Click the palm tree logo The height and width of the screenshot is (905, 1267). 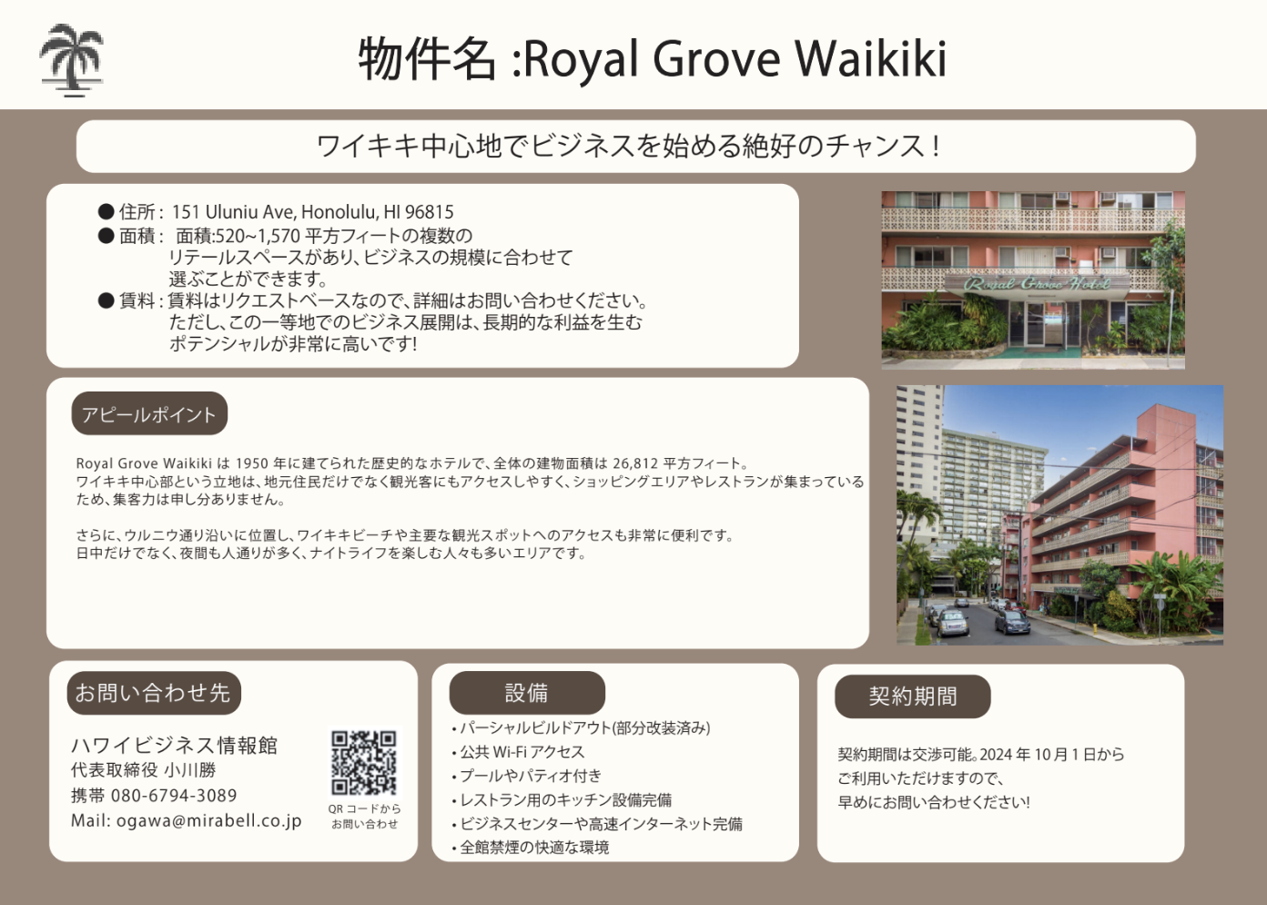coord(71,60)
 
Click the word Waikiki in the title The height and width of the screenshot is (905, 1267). coord(870,59)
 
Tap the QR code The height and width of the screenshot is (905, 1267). coord(364,762)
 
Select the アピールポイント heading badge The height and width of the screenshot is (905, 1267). coord(149,413)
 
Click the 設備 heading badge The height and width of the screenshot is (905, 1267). coord(527,693)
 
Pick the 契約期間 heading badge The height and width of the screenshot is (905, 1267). coord(912,697)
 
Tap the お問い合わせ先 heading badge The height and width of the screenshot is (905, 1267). coord(154,693)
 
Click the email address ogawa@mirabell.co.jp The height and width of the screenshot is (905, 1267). coord(208,820)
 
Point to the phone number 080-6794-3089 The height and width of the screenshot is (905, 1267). coord(174,795)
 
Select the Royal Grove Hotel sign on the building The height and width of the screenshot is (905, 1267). coord(1037,283)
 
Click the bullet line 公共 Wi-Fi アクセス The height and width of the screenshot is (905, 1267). coord(518,752)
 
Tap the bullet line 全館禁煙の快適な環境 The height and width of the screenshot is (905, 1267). coord(531,848)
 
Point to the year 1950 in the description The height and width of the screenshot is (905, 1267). coord(252,463)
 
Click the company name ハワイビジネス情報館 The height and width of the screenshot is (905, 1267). coord(174,746)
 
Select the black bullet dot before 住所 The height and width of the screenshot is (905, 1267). coord(106,211)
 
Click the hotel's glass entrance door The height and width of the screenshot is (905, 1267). coord(1035,324)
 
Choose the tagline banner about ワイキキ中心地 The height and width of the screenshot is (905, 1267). coord(635,146)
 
